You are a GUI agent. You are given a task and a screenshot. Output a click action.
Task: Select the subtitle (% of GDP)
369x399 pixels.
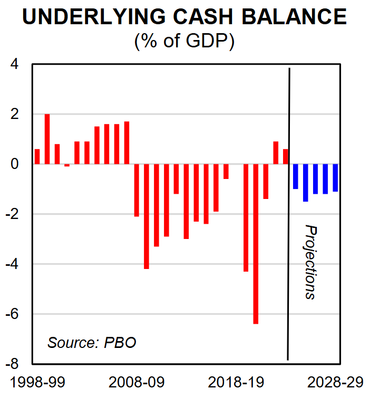click(x=184, y=41)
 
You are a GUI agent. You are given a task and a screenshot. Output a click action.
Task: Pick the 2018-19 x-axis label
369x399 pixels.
click(x=236, y=383)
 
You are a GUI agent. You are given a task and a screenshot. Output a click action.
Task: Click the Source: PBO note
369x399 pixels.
click(x=92, y=343)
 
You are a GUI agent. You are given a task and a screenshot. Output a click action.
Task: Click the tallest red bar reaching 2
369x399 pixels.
click(x=47, y=139)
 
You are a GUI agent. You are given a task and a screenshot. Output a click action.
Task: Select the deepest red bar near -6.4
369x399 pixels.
click(x=256, y=244)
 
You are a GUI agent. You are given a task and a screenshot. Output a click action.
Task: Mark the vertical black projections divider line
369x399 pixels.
click(x=289, y=211)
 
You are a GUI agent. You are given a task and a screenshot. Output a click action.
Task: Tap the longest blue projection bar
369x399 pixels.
click(x=305, y=183)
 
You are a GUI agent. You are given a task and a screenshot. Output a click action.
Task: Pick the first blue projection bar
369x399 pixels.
click(x=295, y=176)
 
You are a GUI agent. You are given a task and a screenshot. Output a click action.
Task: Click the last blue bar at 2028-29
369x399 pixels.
click(x=335, y=177)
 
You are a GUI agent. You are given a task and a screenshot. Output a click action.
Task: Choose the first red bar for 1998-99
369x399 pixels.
click(x=37, y=157)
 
